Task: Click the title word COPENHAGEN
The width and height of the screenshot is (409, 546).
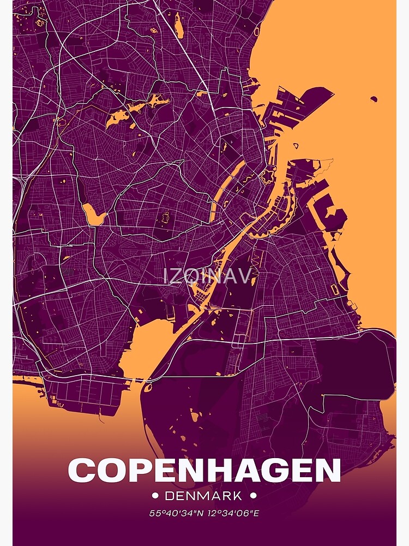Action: [204, 470]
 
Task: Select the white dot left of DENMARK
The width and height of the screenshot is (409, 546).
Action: [155, 496]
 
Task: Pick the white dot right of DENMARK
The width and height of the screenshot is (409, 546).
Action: [252, 496]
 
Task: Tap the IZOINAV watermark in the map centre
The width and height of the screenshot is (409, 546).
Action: [207, 276]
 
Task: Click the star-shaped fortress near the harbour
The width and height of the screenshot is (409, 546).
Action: [268, 176]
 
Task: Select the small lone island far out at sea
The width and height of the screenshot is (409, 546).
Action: [374, 99]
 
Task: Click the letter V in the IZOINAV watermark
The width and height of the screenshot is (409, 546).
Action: [243, 276]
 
